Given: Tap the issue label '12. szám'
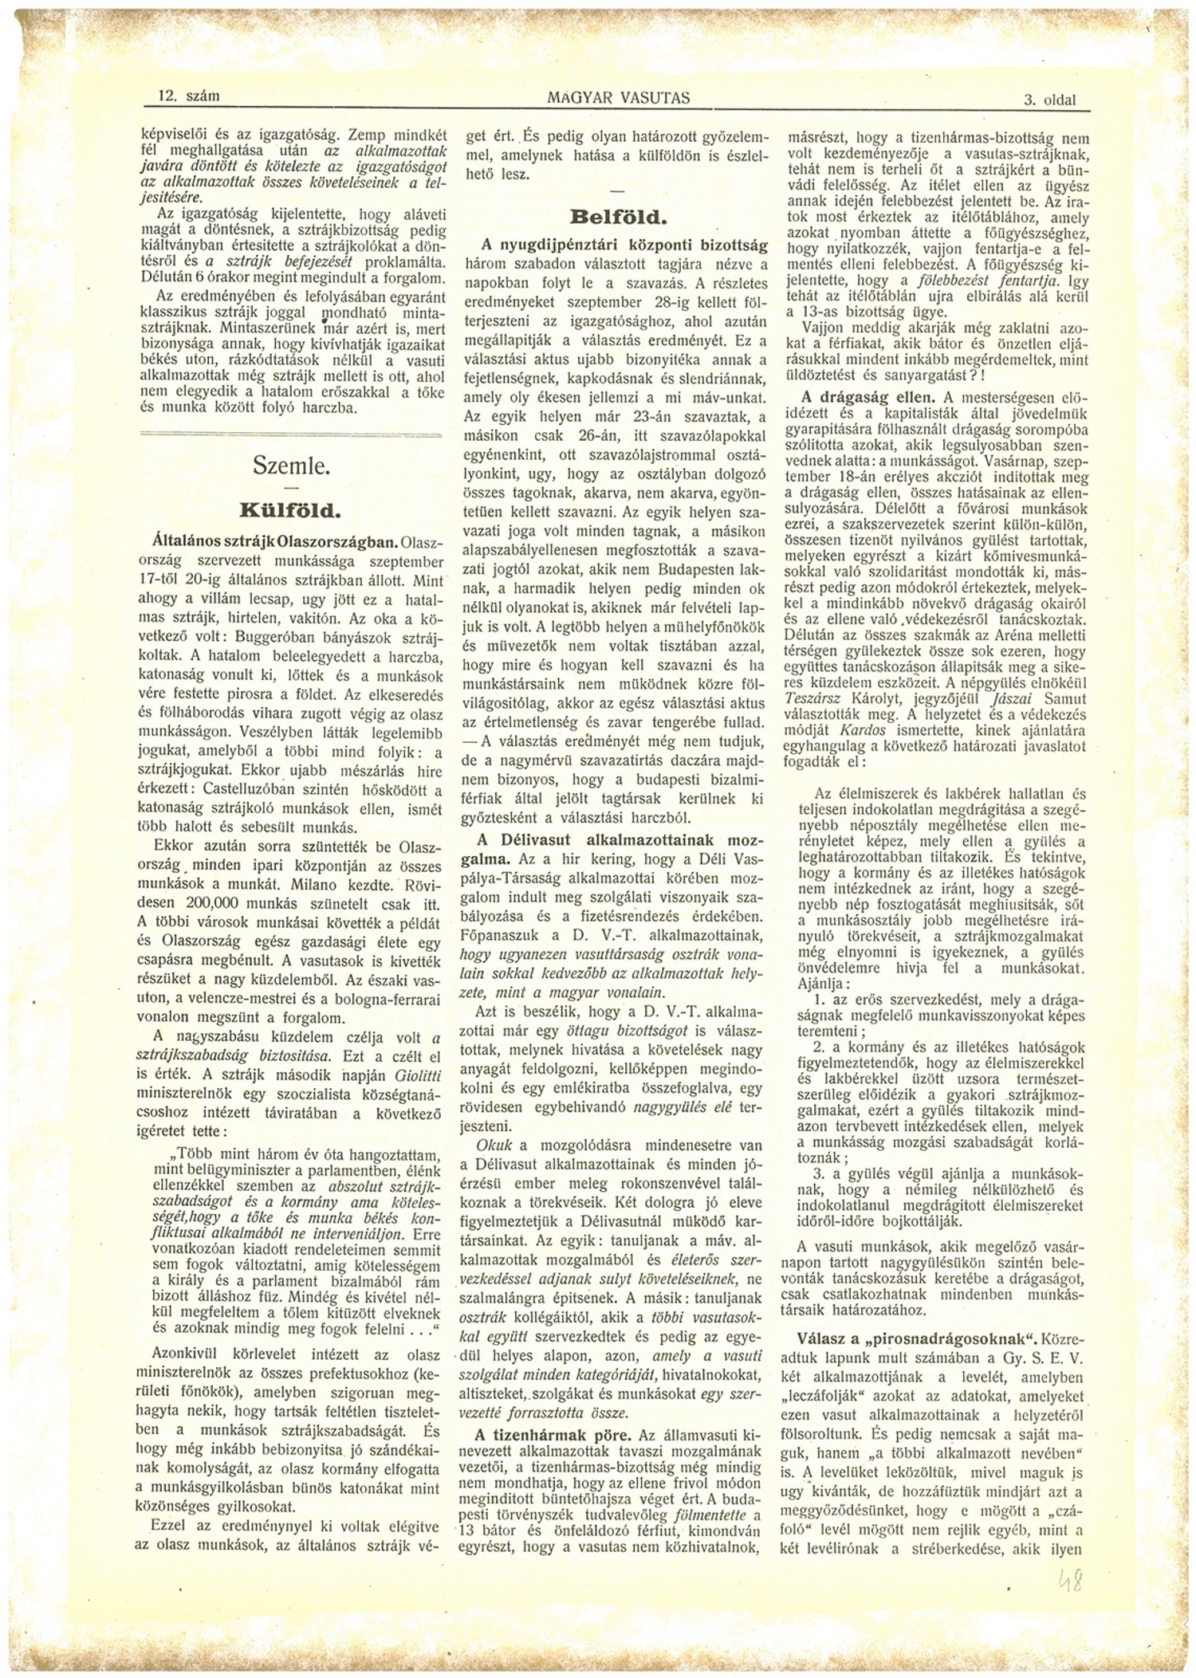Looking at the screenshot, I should coord(189,96).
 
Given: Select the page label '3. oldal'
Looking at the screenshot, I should coord(1049,100).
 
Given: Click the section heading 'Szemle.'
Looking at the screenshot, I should coord(291,466).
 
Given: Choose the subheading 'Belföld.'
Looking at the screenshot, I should coord(618,217).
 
